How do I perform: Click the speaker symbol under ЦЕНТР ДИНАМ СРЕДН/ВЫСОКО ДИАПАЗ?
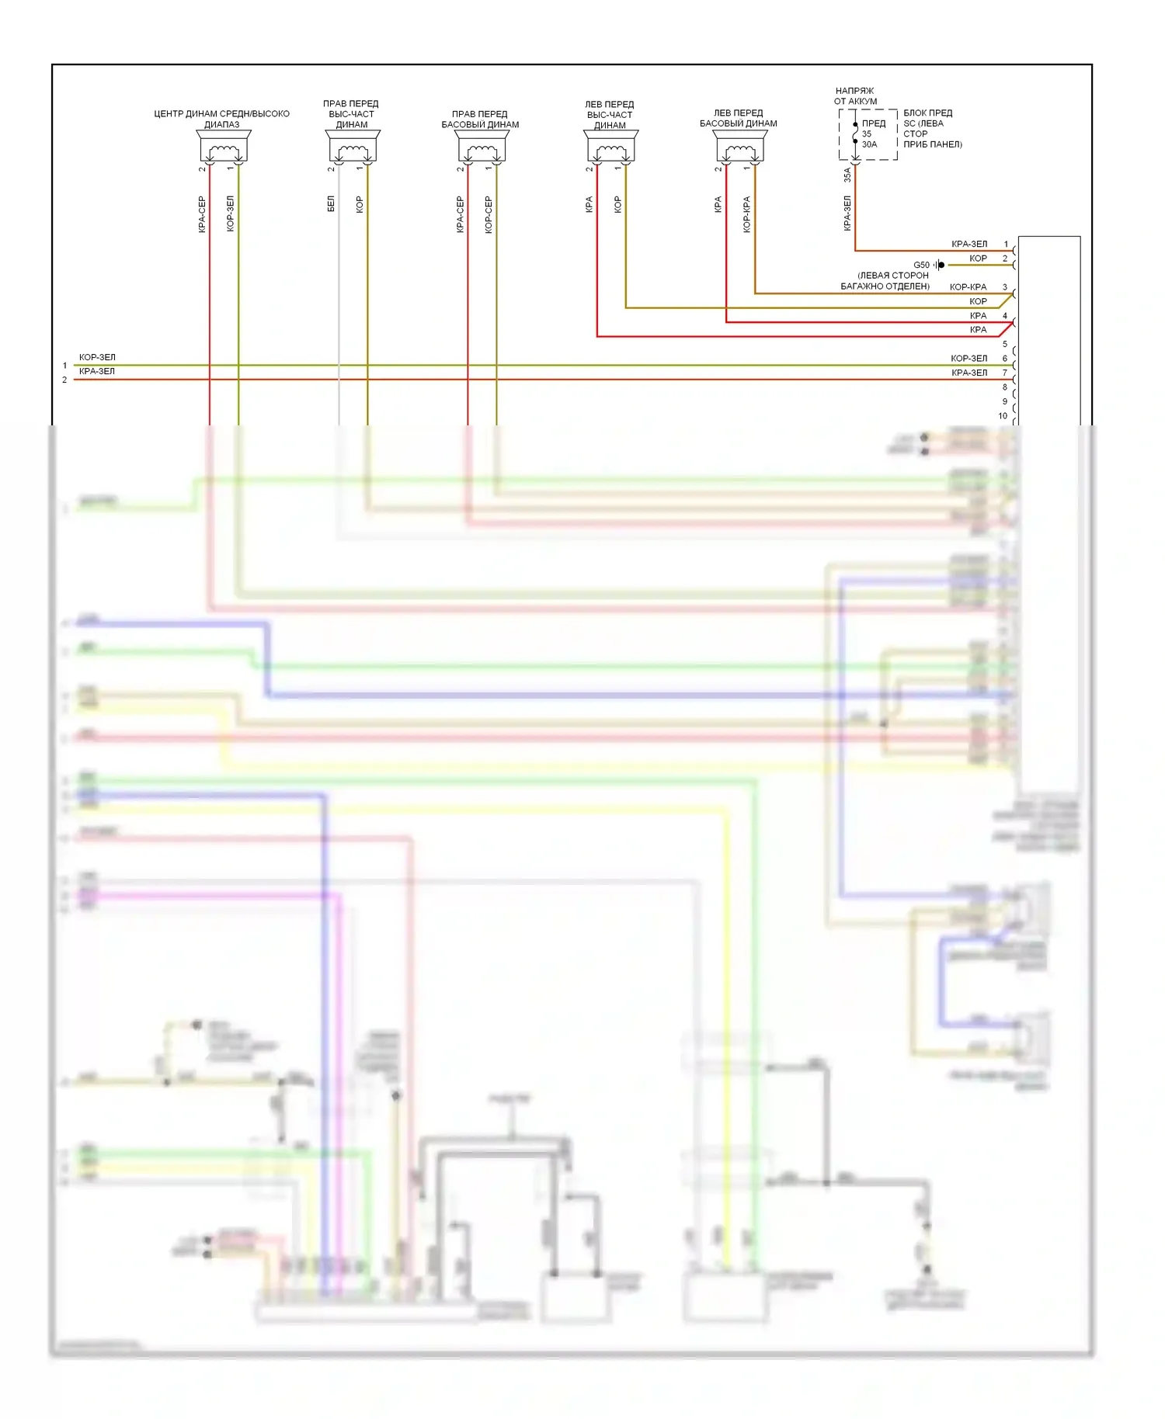tap(224, 147)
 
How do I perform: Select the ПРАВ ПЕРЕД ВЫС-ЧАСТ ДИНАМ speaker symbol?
tap(353, 147)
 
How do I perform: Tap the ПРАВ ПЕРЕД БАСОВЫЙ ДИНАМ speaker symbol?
tap(482, 147)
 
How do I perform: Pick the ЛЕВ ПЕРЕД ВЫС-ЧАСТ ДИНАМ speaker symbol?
tap(611, 147)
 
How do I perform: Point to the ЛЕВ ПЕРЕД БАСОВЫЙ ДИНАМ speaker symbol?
tap(740, 147)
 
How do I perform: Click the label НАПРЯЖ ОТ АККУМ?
tap(855, 95)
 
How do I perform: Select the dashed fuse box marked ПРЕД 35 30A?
tap(868, 134)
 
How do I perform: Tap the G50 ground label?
tap(921, 265)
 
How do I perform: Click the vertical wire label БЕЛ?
tap(331, 203)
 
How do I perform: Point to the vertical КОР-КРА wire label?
tap(746, 213)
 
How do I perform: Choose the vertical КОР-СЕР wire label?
tap(489, 213)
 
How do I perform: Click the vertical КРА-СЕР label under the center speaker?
tap(202, 213)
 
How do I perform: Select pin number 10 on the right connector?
tap(1003, 416)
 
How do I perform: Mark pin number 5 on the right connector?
tap(1005, 344)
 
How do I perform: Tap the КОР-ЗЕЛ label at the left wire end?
tap(97, 357)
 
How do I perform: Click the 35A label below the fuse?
tap(847, 175)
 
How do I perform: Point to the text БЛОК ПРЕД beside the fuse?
tap(927, 113)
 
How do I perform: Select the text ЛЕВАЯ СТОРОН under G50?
tap(893, 275)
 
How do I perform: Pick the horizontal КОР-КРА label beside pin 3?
tap(968, 286)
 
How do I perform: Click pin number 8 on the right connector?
tap(1005, 387)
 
